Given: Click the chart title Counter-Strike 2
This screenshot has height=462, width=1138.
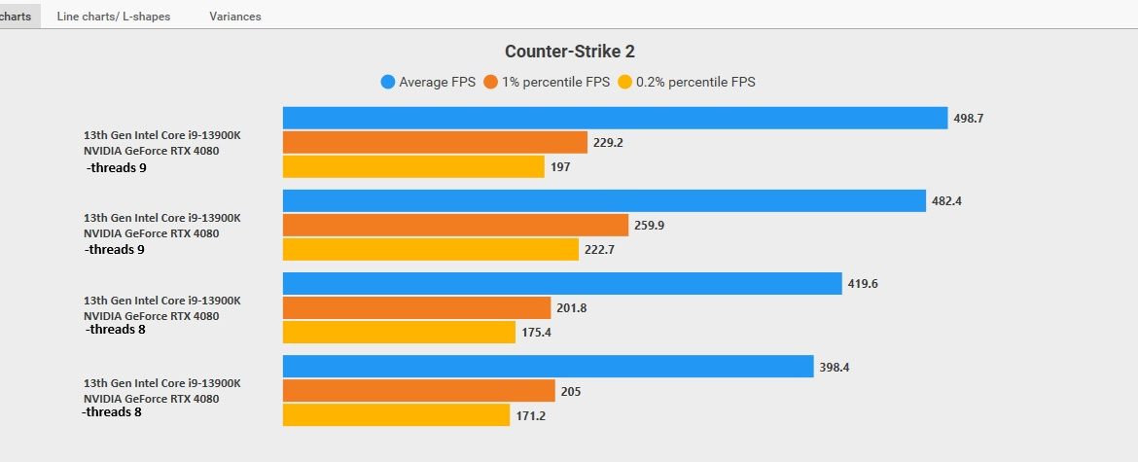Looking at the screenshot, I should tap(569, 52).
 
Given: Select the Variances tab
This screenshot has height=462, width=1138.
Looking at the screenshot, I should tap(234, 17).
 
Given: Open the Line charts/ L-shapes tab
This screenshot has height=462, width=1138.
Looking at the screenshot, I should tap(114, 17).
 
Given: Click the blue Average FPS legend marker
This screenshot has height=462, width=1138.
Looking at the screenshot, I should tap(388, 83).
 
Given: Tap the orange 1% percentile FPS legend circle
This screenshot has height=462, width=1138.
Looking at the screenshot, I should tap(491, 83).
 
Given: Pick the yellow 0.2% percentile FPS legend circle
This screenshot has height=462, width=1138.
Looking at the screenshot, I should tap(625, 83).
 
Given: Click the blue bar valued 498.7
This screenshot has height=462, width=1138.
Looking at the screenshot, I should tap(615, 118).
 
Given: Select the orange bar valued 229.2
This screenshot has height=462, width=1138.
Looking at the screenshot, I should tap(435, 142).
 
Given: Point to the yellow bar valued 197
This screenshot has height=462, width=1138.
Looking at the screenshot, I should tap(413, 166).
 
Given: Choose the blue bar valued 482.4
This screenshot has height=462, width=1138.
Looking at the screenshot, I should tap(604, 200).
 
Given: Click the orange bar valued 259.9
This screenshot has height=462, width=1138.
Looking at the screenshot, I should tap(455, 225).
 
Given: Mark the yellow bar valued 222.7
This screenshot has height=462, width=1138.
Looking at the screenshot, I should tap(431, 249).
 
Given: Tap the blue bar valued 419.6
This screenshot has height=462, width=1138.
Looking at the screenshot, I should tap(562, 283).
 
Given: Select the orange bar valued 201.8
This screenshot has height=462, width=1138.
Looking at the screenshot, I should tap(416, 307).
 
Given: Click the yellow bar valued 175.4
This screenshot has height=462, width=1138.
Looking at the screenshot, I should tap(399, 332).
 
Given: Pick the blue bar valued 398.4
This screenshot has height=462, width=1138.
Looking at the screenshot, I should tap(548, 366).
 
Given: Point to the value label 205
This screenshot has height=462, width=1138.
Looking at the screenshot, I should tap(571, 391).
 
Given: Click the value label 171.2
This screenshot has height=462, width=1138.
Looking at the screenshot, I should tap(532, 415).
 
